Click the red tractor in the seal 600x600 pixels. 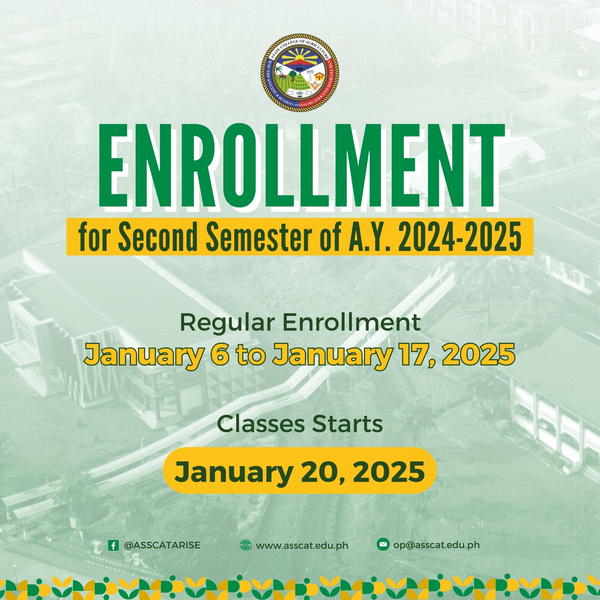point(282,75)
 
